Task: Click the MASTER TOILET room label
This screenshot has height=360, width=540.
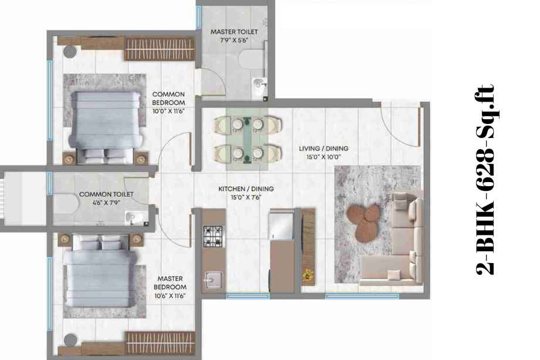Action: [234, 32]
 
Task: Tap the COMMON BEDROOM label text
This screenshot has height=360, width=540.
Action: [168, 98]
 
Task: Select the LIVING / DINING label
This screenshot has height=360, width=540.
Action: [323, 149]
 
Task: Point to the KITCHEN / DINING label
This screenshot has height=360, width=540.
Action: [246, 189]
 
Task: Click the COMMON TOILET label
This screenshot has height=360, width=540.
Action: [106, 194]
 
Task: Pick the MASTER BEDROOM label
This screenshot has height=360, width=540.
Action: [170, 282]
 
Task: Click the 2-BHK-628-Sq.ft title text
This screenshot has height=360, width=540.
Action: [485, 180]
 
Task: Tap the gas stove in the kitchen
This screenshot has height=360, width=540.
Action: [214, 236]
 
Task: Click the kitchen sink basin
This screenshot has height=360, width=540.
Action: [214, 280]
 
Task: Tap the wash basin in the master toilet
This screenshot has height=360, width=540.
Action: [259, 85]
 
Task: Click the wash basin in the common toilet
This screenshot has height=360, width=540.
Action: [133, 217]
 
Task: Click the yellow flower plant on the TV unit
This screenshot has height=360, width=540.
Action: [308, 275]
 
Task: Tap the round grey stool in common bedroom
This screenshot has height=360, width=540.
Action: [70, 52]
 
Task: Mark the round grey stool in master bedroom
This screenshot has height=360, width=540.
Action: [70, 340]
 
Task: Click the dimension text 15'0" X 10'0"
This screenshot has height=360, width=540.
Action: [324, 157]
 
